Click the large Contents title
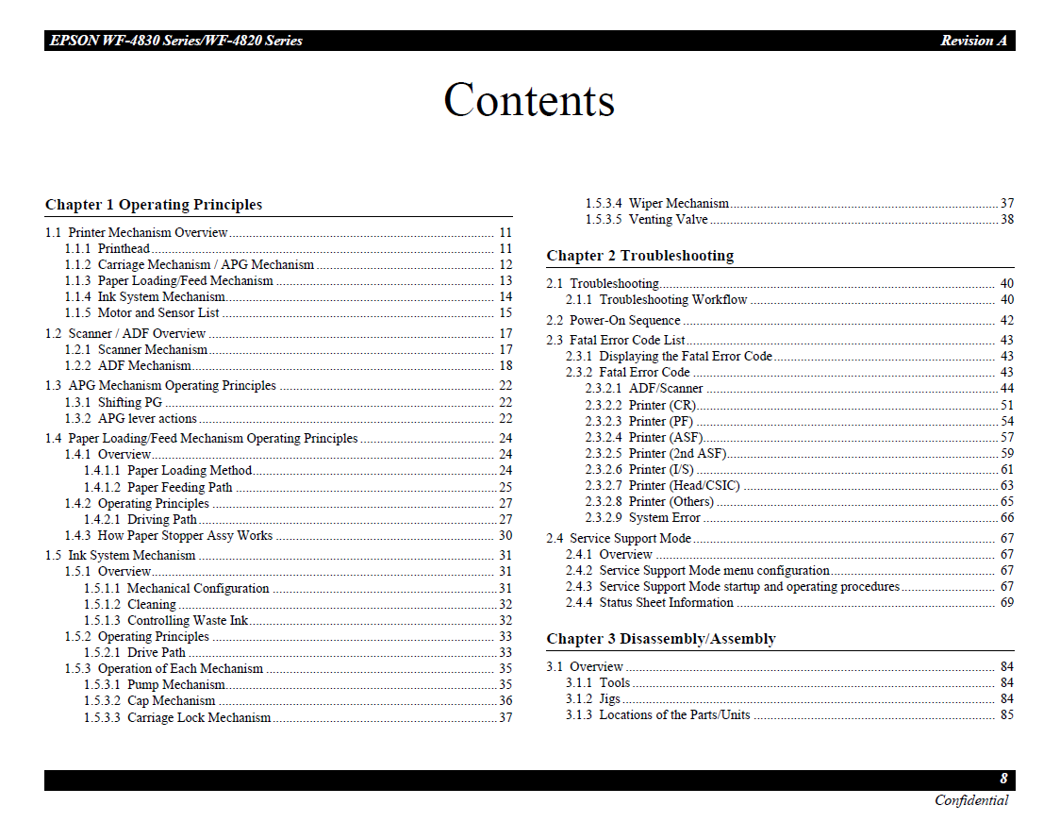tap(529, 100)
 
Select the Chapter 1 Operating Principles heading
tap(154, 205)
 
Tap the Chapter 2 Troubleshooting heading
tap(639, 256)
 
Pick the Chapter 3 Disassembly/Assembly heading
tap(660, 639)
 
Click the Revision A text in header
tap(973, 41)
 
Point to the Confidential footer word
tap(970, 800)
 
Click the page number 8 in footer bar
tap(1003, 779)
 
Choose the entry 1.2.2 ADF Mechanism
tap(128, 365)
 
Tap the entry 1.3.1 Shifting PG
tap(113, 402)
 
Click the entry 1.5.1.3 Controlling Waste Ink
tap(166, 620)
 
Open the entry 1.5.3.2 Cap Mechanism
tap(150, 700)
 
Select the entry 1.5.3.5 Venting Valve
tap(646, 219)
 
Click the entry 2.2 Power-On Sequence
tap(613, 320)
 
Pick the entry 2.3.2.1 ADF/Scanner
tap(644, 388)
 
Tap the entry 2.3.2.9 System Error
tap(642, 517)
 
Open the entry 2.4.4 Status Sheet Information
tap(650, 602)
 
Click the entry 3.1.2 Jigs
tap(593, 698)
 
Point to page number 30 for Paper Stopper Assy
tap(505, 535)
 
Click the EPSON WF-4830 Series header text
tap(175, 41)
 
